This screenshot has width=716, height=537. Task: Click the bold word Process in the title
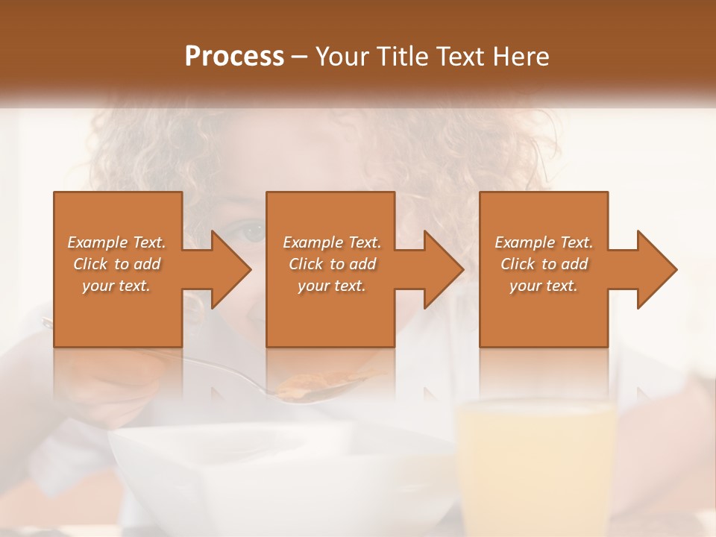[234, 57]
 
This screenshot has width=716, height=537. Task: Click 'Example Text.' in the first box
[116, 242]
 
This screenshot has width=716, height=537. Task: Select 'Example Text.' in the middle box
[332, 242]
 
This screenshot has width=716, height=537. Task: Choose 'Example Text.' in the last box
[544, 242]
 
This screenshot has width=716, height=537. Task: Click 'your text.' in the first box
[116, 286]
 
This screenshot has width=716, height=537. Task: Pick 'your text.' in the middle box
[332, 286]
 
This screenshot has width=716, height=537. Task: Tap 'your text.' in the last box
[544, 286]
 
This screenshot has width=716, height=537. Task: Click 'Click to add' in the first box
[116, 264]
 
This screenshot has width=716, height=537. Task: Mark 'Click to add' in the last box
[544, 264]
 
